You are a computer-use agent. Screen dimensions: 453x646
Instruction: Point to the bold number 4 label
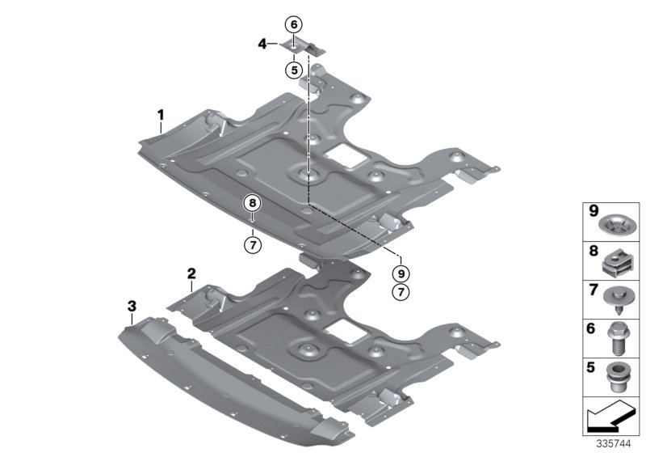262,45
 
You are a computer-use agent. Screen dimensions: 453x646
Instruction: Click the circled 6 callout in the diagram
293,24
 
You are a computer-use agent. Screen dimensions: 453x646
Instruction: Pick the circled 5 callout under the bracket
293,70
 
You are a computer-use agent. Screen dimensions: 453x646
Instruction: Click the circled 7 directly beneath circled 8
252,242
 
